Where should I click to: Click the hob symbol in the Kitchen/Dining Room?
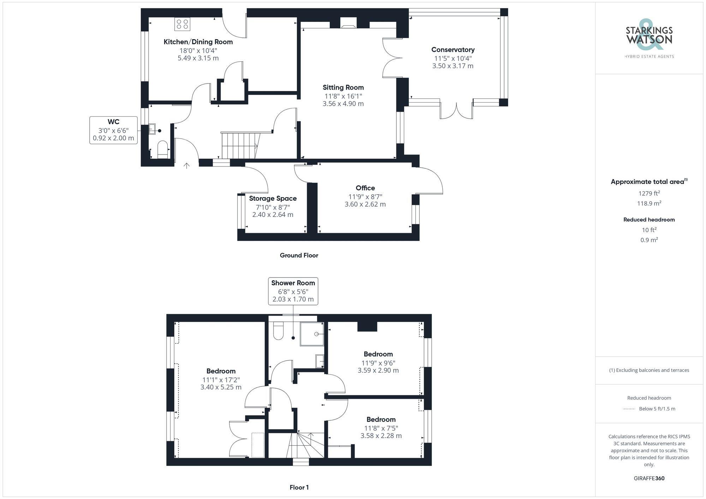(182, 24)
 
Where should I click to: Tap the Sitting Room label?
(343, 87)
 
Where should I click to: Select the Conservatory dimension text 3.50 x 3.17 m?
(453, 66)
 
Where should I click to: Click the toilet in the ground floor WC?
(162, 150)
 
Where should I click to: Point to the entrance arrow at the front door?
(186, 165)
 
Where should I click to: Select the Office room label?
(365, 188)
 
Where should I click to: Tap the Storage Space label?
(273, 199)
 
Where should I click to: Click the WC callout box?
(113, 130)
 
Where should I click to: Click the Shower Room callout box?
(293, 291)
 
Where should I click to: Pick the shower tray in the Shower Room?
(312, 334)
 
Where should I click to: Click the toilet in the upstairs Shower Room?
(279, 331)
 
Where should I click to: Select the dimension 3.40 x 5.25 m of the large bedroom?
(221, 387)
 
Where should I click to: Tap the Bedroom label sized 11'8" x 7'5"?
(381, 419)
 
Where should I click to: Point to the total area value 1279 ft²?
(649, 193)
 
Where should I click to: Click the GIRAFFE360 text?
(649, 479)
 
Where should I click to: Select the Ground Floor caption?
(299, 255)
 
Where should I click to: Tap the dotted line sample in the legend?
(629, 409)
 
